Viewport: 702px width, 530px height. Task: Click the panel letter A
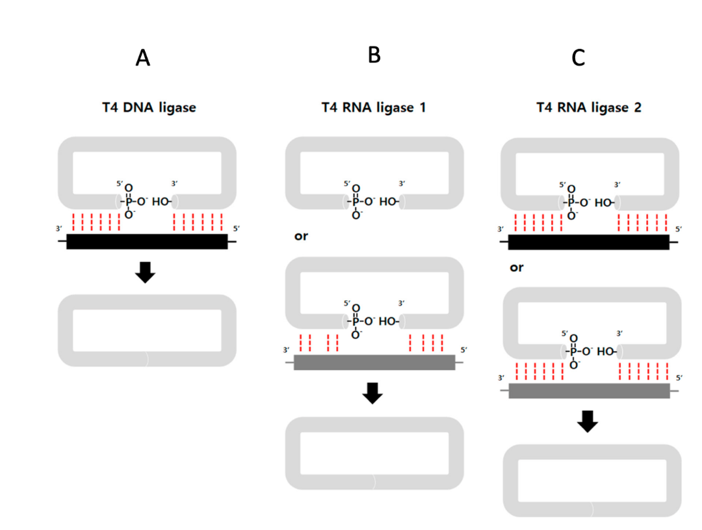(143, 59)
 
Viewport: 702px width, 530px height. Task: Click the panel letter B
(374, 55)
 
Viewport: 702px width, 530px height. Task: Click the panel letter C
(578, 58)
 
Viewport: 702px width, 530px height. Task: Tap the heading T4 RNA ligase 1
(374, 108)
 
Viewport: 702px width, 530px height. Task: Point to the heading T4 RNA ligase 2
(588, 108)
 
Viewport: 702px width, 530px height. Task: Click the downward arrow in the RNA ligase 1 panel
(372, 393)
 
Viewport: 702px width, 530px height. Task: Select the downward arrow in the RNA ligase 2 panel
(588, 421)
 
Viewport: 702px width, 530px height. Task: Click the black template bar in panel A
(147, 241)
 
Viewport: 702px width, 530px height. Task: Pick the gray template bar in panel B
(374, 362)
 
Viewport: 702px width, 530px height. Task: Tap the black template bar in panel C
(588, 242)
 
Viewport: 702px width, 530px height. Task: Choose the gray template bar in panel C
(588, 391)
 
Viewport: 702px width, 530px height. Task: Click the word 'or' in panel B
(301, 236)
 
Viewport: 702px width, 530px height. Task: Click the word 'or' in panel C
(517, 267)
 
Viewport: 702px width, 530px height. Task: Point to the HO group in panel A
(161, 202)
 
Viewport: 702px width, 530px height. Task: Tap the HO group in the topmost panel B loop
(387, 202)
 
